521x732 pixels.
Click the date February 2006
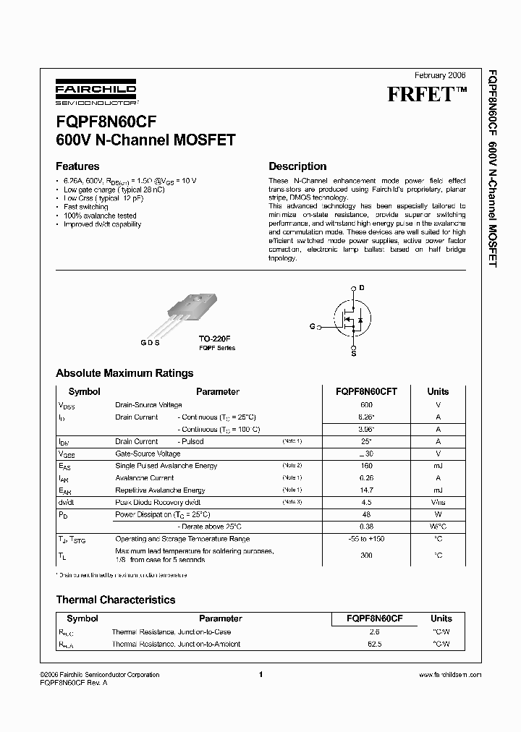pos(440,75)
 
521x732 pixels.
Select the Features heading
pos(77,166)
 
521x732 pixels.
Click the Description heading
pos(297,166)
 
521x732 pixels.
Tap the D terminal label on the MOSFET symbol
pos(362,288)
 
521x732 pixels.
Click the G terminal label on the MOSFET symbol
pos(312,327)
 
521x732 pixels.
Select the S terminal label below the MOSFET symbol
pos(354,353)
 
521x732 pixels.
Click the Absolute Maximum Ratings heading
pos(124,374)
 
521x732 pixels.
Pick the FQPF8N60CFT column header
pos(366,391)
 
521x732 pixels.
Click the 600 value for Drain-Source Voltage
pos(366,405)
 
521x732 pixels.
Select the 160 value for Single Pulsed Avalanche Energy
pos(366,466)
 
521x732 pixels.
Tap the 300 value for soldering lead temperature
pos(366,556)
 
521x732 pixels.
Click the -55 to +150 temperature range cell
pos(366,539)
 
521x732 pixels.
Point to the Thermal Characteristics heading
pos(116,600)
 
